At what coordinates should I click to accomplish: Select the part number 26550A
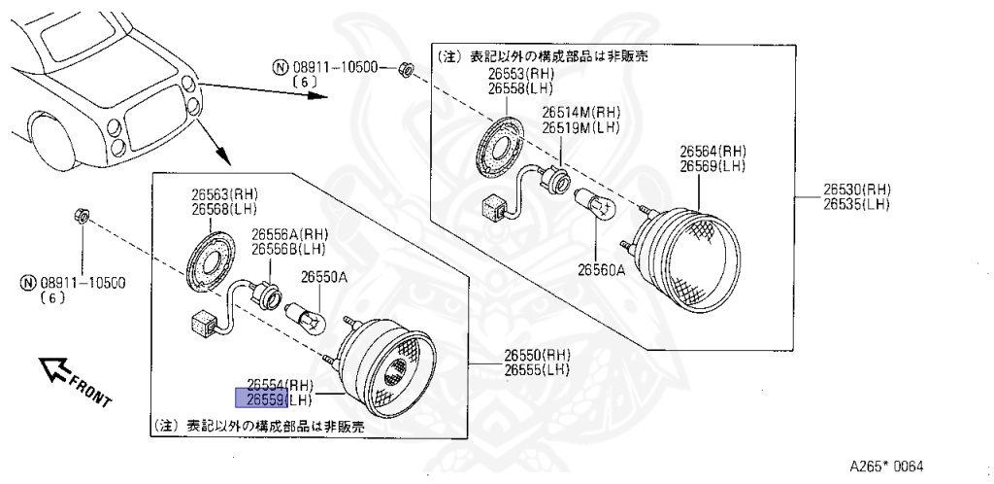[323, 277]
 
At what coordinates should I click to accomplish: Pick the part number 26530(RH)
[857, 190]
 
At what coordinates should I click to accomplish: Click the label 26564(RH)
[712, 153]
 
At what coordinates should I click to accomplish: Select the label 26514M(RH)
[581, 113]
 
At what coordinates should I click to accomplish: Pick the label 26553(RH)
[520, 75]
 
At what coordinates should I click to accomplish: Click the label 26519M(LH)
[580, 126]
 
